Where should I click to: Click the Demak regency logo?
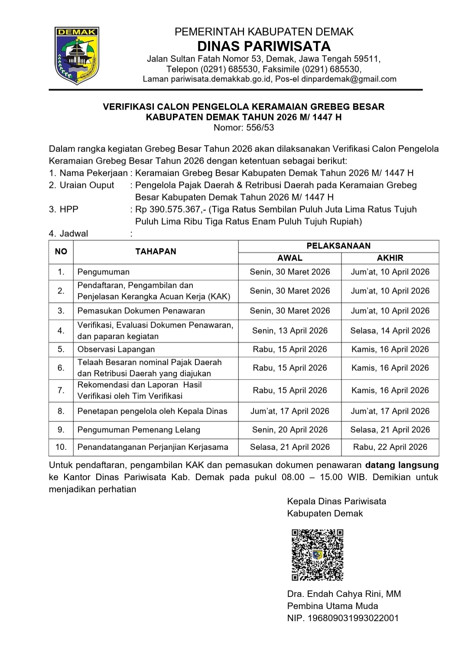click(x=77, y=55)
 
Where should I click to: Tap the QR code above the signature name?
click(x=317, y=555)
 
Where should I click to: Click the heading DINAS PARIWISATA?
click(x=264, y=46)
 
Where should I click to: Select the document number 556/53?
click(x=260, y=127)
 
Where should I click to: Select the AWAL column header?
click(x=289, y=258)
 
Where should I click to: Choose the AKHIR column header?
click(x=390, y=258)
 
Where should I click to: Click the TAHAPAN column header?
click(x=156, y=252)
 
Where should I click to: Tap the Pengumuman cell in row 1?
click(x=104, y=272)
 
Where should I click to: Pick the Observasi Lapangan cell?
click(x=116, y=349)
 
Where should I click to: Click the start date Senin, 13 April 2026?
click(x=290, y=331)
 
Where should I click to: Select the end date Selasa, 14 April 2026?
click(x=390, y=331)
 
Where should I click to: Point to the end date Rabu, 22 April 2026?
click(x=390, y=447)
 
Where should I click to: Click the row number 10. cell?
click(x=61, y=447)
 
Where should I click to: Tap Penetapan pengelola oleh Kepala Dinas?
click(x=152, y=411)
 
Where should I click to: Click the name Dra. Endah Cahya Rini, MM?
click(x=344, y=594)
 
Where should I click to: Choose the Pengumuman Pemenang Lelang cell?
click(x=139, y=430)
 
